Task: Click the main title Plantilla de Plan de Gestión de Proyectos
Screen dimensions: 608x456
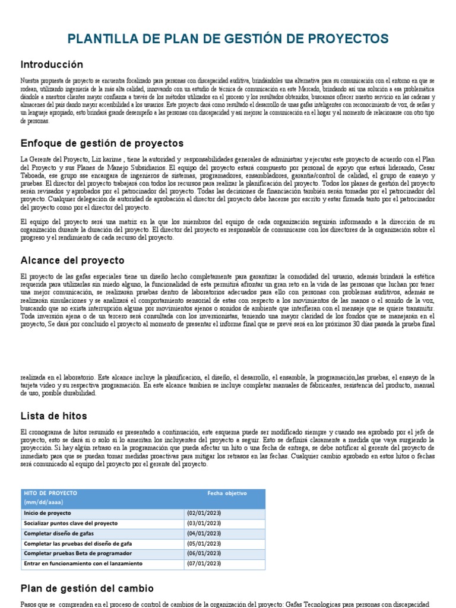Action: (x=229, y=39)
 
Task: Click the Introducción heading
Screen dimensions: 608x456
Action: (x=52, y=64)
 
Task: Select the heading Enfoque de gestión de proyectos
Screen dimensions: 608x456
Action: (x=102, y=143)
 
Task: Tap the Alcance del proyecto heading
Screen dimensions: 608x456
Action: (x=72, y=260)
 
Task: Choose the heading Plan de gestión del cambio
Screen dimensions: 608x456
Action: (x=87, y=588)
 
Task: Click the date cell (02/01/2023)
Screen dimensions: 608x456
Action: (x=204, y=513)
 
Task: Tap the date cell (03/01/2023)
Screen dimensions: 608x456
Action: (x=204, y=523)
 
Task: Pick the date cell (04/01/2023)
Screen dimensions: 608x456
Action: (x=204, y=533)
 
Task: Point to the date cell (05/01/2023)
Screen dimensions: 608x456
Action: (x=204, y=543)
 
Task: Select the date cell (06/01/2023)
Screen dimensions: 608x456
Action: (x=204, y=553)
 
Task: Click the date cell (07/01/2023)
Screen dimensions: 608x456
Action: (x=204, y=563)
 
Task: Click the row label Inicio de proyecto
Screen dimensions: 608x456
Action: (x=47, y=513)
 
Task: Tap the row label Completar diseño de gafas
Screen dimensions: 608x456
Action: (x=59, y=533)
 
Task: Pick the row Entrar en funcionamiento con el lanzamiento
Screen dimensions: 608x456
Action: (x=83, y=563)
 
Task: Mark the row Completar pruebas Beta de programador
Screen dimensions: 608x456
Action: (x=78, y=553)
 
